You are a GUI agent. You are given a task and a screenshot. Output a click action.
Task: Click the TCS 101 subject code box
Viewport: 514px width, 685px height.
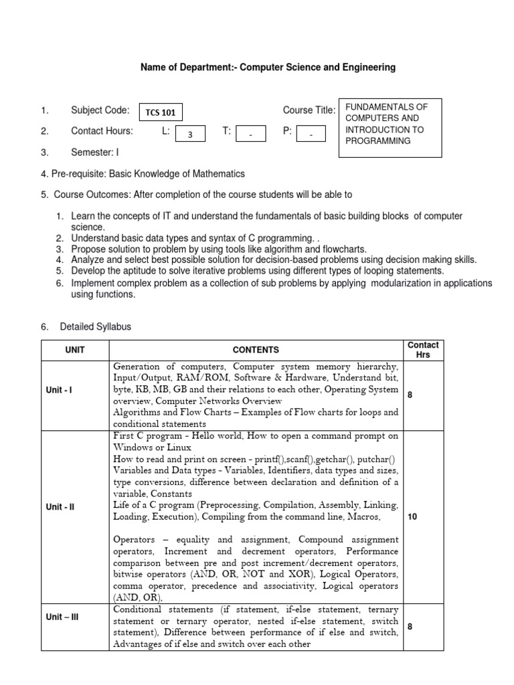tap(159, 113)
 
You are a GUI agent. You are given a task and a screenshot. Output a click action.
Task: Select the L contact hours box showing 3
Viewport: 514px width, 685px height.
tap(190, 134)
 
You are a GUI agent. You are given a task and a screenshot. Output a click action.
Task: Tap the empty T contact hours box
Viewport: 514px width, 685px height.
tap(250, 134)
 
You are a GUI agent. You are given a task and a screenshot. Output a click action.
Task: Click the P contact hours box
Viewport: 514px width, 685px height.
tap(311, 134)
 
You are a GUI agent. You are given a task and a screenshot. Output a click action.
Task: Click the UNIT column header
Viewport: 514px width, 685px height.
tap(75, 350)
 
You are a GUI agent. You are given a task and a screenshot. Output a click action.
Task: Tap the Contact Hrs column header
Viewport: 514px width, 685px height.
tap(423, 350)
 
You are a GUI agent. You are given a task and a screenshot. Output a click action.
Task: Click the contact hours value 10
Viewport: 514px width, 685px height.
tap(412, 517)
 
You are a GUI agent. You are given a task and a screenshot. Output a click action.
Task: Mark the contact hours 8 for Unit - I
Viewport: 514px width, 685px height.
tap(410, 395)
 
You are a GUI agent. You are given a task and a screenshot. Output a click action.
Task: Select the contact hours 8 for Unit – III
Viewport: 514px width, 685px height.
tap(410, 627)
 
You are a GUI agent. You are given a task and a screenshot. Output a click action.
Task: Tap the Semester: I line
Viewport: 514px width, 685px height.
tap(95, 153)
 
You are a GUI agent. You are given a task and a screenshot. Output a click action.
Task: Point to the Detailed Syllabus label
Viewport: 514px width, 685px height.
tap(96, 327)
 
